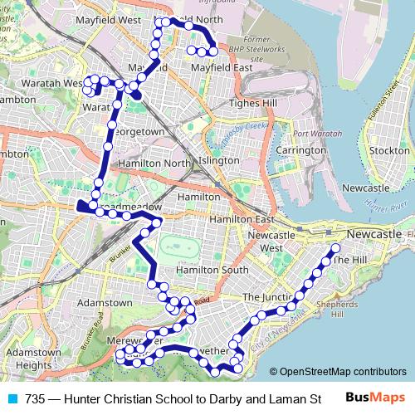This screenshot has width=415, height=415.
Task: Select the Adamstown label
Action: coord(105,303)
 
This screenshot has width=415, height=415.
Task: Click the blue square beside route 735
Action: coord(12,398)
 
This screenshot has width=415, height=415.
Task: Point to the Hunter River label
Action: coord(388,209)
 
